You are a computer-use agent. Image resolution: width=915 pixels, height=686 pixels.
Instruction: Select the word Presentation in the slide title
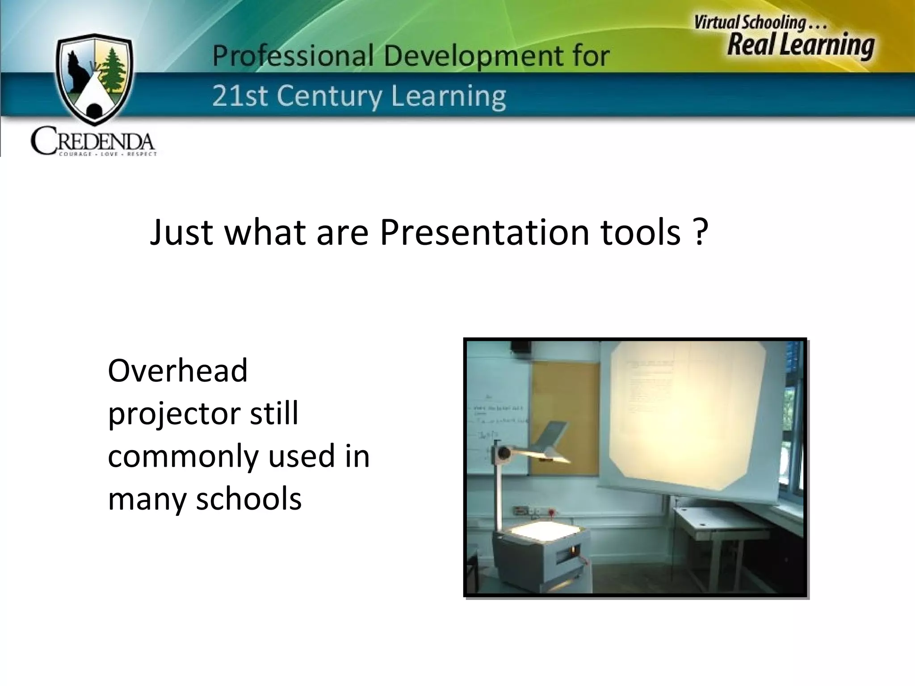coord(484,232)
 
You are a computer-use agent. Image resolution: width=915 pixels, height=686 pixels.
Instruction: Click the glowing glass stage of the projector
coord(540,531)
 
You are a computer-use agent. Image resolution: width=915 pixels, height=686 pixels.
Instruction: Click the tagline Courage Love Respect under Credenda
coord(108,155)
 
